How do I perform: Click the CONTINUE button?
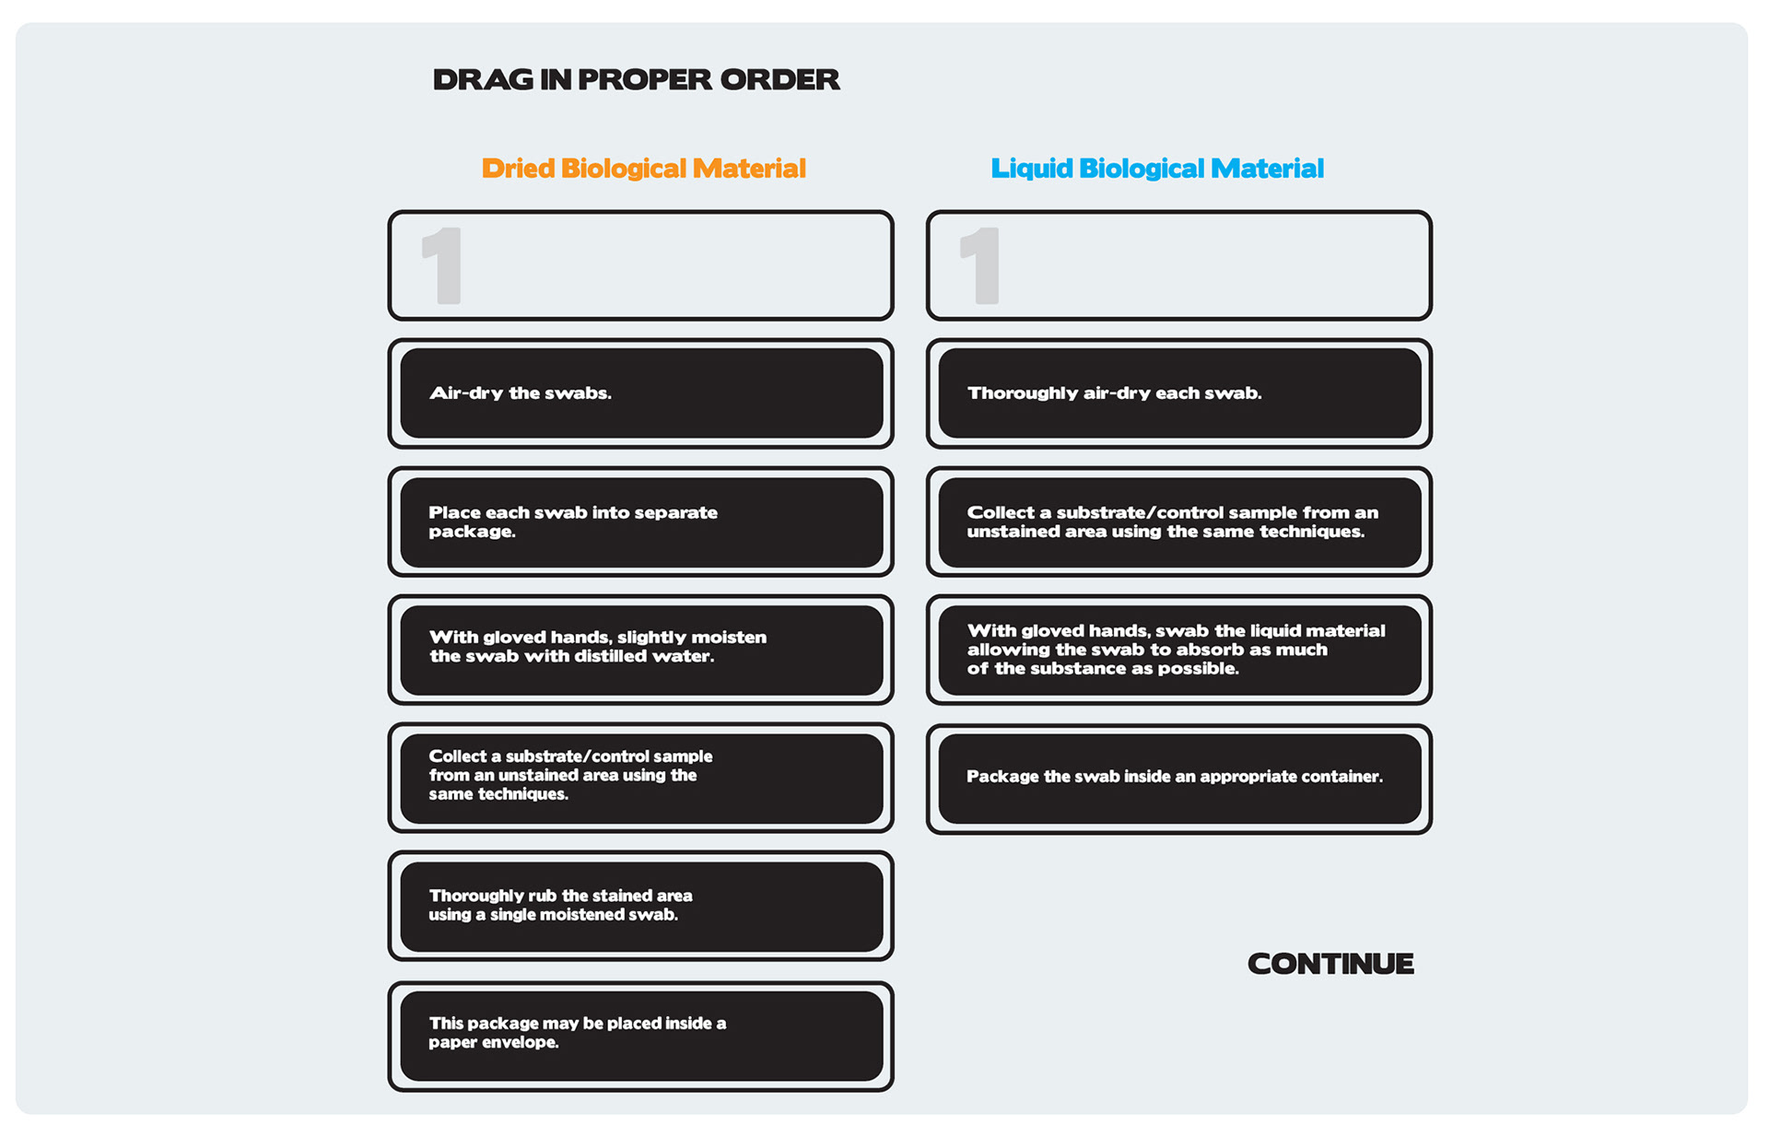pyautogui.click(x=1330, y=964)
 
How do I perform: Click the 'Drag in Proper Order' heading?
pyautogui.click(x=636, y=80)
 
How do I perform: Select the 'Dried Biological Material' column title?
pyautogui.click(x=643, y=169)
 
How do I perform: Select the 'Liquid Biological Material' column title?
pyautogui.click(x=1156, y=169)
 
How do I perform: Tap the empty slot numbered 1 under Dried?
pyautogui.click(x=641, y=265)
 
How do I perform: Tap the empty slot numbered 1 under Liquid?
pyautogui.click(x=1179, y=265)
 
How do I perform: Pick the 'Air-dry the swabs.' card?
pyautogui.click(x=641, y=393)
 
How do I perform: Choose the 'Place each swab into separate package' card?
pyautogui.click(x=641, y=522)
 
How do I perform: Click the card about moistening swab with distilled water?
pyautogui.click(x=641, y=650)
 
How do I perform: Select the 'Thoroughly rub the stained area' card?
pyautogui.click(x=641, y=906)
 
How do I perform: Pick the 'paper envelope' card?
pyautogui.click(x=641, y=1035)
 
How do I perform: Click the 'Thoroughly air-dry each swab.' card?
pyautogui.click(x=1179, y=393)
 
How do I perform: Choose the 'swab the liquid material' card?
pyautogui.click(x=1179, y=650)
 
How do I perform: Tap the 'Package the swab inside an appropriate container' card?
pyautogui.click(x=1179, y=778)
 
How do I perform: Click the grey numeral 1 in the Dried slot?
pyautogui.click(x=442, y=266)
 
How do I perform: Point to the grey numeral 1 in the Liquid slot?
pyautogui.click(x=980, y=266)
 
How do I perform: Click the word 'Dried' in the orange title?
pyautogui.click(x=518, y=169)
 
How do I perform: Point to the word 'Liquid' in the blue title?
pyautogui.click(x=1031, y=169)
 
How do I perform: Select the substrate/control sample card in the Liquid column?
pyautogui.click(x=1179, y=522)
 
